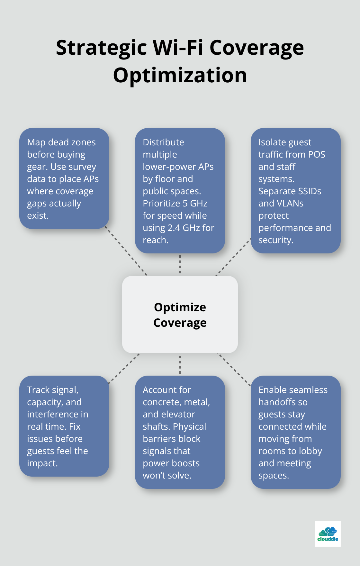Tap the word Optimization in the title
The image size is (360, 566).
[180, 76]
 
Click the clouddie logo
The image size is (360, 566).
[328, 534]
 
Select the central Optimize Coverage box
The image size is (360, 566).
[180, 315]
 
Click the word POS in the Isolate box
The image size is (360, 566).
[317, 155]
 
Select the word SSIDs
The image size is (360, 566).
[310, 191]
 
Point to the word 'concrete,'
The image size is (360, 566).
[161, 402]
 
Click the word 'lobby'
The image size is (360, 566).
[310, 451]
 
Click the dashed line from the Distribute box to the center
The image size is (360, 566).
[180, 264]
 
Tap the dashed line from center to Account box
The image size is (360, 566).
[180, 364]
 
